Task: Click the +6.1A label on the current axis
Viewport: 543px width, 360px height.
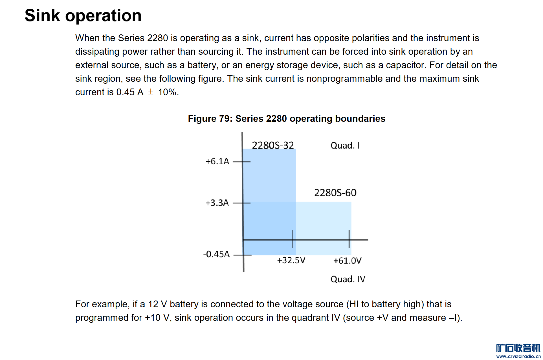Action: tap(217, 161)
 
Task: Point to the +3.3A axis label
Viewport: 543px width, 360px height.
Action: tap(217, 203)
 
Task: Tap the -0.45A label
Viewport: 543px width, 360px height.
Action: tap(216, 254)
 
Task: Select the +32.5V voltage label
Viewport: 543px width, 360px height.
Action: tap(291, 260)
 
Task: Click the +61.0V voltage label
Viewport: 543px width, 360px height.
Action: tap(347, 261)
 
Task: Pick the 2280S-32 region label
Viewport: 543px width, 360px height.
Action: tap(273, 145)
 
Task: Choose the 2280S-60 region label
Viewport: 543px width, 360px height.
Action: tap(335, 193)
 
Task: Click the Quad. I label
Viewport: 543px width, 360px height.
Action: tap(345, 145)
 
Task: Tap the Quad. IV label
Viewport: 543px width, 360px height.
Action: tap(348, 279)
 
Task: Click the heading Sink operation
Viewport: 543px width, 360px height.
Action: tap(83, 16)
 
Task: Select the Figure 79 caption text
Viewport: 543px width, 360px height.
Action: tap(286, 119)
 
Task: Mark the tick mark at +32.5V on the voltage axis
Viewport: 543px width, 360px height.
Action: tap(293, 239)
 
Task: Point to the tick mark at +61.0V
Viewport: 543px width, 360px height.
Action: tap(349, 239)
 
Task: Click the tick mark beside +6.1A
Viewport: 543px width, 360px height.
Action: tap(242, 162)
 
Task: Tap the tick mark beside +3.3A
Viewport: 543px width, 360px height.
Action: tap(242, 203)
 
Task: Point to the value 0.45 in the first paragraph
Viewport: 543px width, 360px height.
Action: tap(125, 92)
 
